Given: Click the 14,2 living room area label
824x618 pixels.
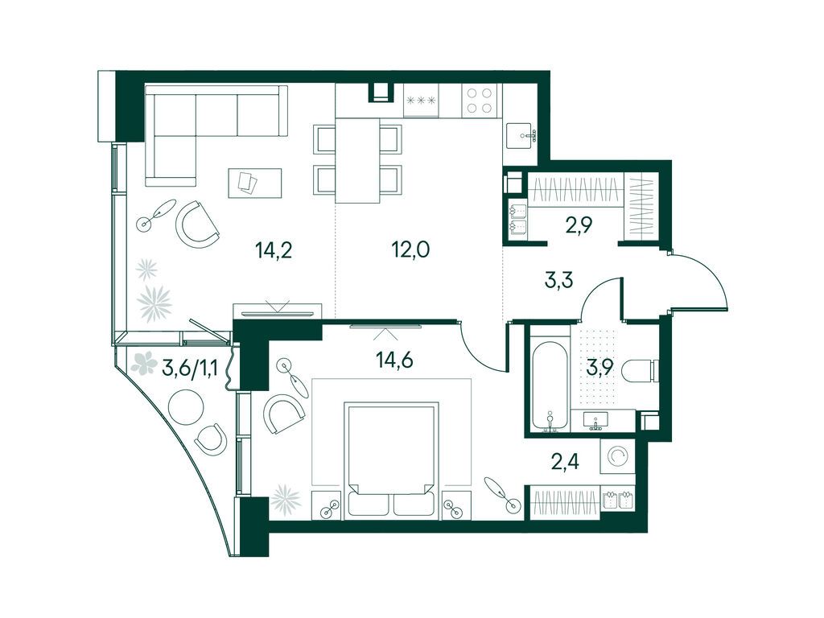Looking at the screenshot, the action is tap(274, 251).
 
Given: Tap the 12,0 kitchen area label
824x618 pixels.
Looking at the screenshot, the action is tap(410, 249).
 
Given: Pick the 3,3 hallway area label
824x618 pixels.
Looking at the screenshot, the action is tap(558, 280).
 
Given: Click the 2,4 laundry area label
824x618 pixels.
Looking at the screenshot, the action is tap(565, 464).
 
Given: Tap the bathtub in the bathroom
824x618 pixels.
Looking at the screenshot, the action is tap(550, 386).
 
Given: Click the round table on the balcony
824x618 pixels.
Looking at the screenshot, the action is tap(186, 407).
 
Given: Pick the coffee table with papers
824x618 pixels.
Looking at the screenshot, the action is tap(255, 183).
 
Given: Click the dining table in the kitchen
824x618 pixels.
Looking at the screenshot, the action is tap(358, 160).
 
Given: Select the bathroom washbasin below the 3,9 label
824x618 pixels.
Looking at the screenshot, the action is tap(595, 420).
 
